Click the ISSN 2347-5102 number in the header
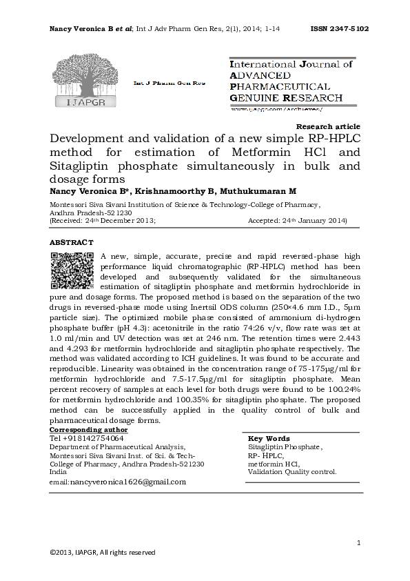click(340, 29)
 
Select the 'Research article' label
click(327, 126)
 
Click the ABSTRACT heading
click(71, 243)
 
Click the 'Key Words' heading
click(268, 438)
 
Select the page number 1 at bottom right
click(359, 544)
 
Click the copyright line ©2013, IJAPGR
click(102, 552)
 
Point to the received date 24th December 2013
click(115, 221)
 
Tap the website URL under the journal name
click(276, 109)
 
